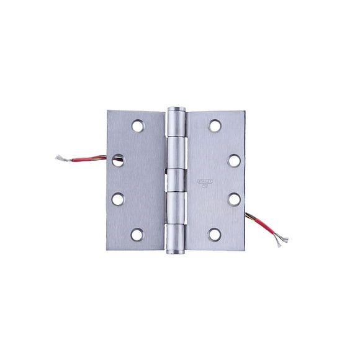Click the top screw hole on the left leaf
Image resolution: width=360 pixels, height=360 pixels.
pos(137,126)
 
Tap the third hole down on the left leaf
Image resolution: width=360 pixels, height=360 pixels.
pos(118,199)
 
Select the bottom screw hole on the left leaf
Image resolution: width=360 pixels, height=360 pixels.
pos(137,235)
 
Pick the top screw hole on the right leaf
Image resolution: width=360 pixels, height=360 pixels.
pos(215,126)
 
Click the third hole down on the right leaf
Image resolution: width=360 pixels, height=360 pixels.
pos(234,199)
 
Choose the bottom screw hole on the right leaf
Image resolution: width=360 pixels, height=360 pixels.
pos(215,235)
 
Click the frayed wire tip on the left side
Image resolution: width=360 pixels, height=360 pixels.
pos(61,158)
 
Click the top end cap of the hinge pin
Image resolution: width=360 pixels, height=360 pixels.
pos(176,110)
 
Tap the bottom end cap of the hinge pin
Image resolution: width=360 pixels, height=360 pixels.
pos(176,251)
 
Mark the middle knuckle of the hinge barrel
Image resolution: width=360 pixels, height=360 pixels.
pos(176,181)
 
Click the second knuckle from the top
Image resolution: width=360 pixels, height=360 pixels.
pos(176,153)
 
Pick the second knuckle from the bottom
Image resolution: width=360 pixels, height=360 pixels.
pos(176,209)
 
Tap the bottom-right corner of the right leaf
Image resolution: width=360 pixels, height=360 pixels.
pos(245,249)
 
